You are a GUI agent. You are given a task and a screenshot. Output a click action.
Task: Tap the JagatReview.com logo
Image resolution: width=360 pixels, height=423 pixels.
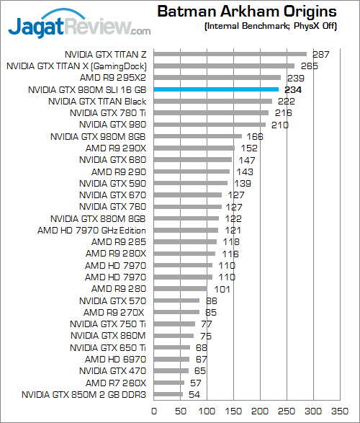pos(78,27)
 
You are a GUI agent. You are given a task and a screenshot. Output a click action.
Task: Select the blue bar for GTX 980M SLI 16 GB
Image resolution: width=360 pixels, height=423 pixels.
pos(216,89)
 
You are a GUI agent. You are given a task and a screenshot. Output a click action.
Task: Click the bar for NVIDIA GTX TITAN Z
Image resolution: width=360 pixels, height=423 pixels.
pos(230,54)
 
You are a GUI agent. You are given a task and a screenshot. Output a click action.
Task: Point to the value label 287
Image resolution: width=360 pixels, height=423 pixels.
pos(320,54)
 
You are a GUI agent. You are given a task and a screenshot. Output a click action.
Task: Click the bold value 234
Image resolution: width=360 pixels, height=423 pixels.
pos(292,89)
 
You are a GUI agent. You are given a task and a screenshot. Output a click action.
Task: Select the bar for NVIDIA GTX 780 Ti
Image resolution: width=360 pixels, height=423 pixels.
pos(211,113)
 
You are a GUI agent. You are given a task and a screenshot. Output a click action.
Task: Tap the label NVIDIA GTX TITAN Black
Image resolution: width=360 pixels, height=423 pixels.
pos(97,102)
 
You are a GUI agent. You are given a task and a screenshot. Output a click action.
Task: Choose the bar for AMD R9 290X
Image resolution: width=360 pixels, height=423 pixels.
pos(194,148)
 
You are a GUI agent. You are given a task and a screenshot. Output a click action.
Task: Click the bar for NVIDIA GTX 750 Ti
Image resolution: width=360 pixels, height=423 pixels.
pos(174,324)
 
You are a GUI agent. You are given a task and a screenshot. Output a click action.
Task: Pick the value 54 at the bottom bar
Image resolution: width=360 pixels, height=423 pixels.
pos(195,394)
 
